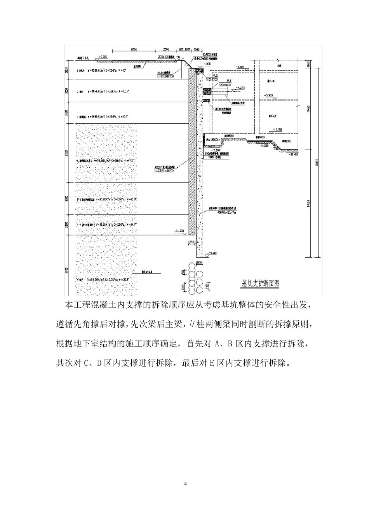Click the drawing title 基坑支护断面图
click(260, 283)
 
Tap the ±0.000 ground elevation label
click(103, 57)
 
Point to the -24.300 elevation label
click(179, 231)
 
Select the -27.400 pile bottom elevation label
click(213, 253)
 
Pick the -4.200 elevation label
click(240, 88)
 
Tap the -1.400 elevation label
click(240, 67)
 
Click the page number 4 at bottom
click(185, 484)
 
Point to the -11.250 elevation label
click(266, 146)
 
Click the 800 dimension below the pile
click(200, 263)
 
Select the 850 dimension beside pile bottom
click(191, 242)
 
